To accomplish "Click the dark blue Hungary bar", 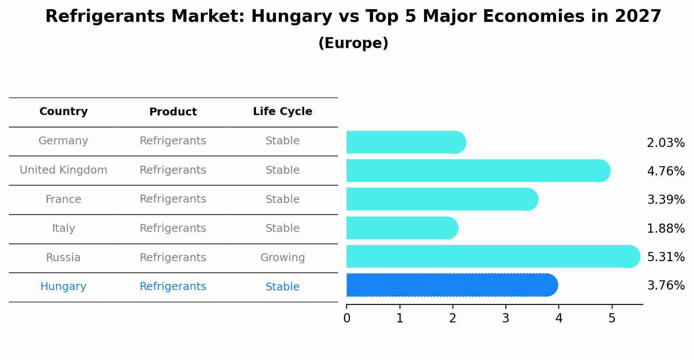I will [451, 285].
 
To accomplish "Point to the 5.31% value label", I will [666, 257].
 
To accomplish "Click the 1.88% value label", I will [666, 228].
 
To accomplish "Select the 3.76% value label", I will [666, 285].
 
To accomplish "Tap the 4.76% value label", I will [666, 171].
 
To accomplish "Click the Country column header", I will [63, 112].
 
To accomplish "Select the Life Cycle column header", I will [282, 112].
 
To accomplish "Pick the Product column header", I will [173, 112].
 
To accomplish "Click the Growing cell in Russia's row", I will [282, 258].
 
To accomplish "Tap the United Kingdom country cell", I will [63, 170].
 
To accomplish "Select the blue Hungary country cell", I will [63, 287].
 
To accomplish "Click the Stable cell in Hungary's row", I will [282, 287].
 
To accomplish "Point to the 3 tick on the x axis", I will [506, 318].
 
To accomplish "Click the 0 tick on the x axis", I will [347, 318].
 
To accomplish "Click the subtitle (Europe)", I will [353, 43].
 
